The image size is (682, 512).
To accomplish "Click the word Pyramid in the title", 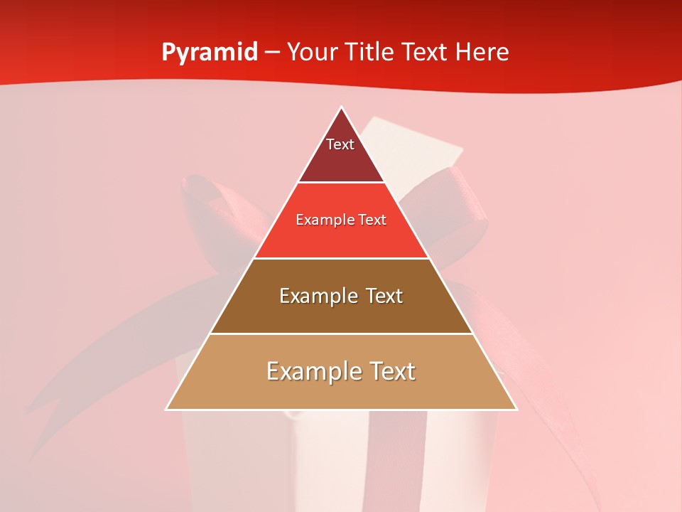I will coord(210,53).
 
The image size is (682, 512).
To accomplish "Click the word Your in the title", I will coord(314,52).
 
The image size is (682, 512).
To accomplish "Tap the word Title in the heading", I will coord(371,52).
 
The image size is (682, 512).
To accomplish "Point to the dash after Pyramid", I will coord(272,53).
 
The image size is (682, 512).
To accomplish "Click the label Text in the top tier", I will coord(340,144).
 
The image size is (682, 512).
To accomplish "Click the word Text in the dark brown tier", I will coord(381,296).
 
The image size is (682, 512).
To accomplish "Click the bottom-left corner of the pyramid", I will coord(166,410).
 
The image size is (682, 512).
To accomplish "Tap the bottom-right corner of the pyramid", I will coord(516,410).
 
